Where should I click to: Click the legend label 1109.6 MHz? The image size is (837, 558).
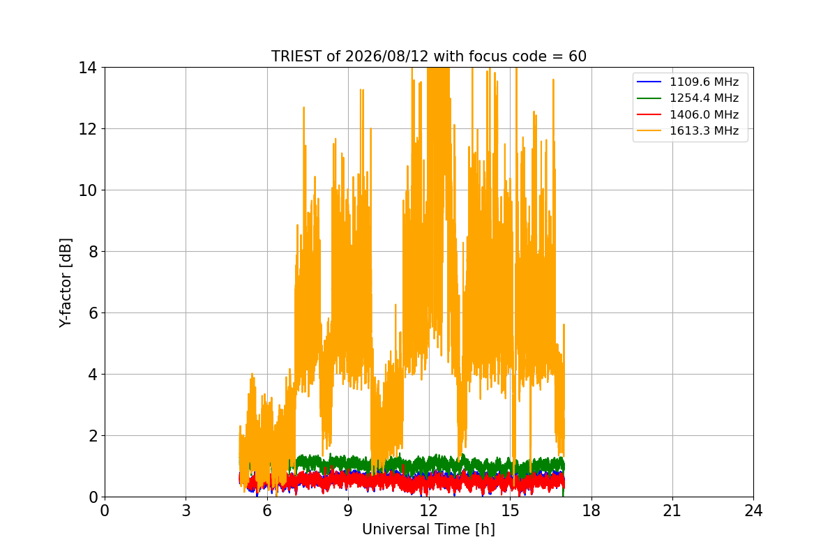coord(704,82)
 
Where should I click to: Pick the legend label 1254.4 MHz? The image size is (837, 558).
coord(704,98)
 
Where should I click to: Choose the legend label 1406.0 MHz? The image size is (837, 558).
coord(704,114)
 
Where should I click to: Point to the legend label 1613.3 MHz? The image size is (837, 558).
coord(704,131)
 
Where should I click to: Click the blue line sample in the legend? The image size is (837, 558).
coord(649,82)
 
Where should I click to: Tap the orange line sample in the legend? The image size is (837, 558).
coord(649,131)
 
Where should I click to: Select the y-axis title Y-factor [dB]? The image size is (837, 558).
coord(65,283)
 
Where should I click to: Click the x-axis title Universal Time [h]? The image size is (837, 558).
coord(428,529)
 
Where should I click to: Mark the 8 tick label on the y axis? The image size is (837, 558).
coord(93,252)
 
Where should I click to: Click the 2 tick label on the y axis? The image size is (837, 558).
coord(93,436)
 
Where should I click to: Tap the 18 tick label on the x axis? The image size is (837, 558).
coord(591,511)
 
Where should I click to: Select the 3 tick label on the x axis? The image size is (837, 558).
coord(186,511)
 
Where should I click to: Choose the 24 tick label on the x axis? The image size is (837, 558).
coord(753,511)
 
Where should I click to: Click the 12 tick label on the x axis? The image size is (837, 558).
coord(429,511)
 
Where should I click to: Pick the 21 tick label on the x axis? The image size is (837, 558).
coord(672,511)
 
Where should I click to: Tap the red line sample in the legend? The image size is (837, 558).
coord(649,114)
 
